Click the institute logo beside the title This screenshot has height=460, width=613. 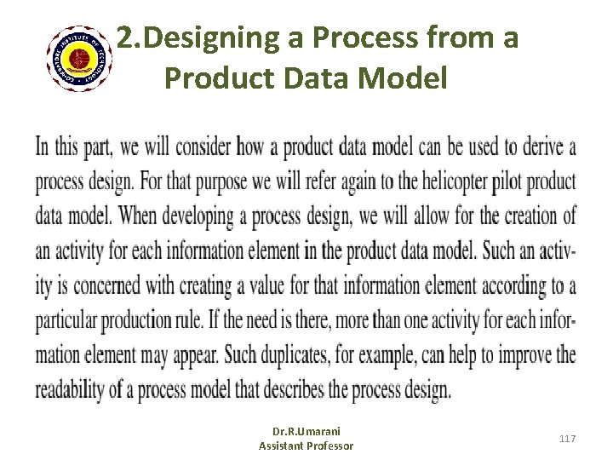pyautogui.click(x=78, y=57)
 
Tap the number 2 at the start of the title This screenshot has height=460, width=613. pyautogui.click(x=125, y=38)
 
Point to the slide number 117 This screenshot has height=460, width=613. pyautogui.click(x=568, y=438)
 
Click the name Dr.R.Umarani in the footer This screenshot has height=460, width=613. pyautogui.click(x=306, y=432)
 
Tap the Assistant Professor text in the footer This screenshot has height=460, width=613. pyautogui.click(x=306, y=446)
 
